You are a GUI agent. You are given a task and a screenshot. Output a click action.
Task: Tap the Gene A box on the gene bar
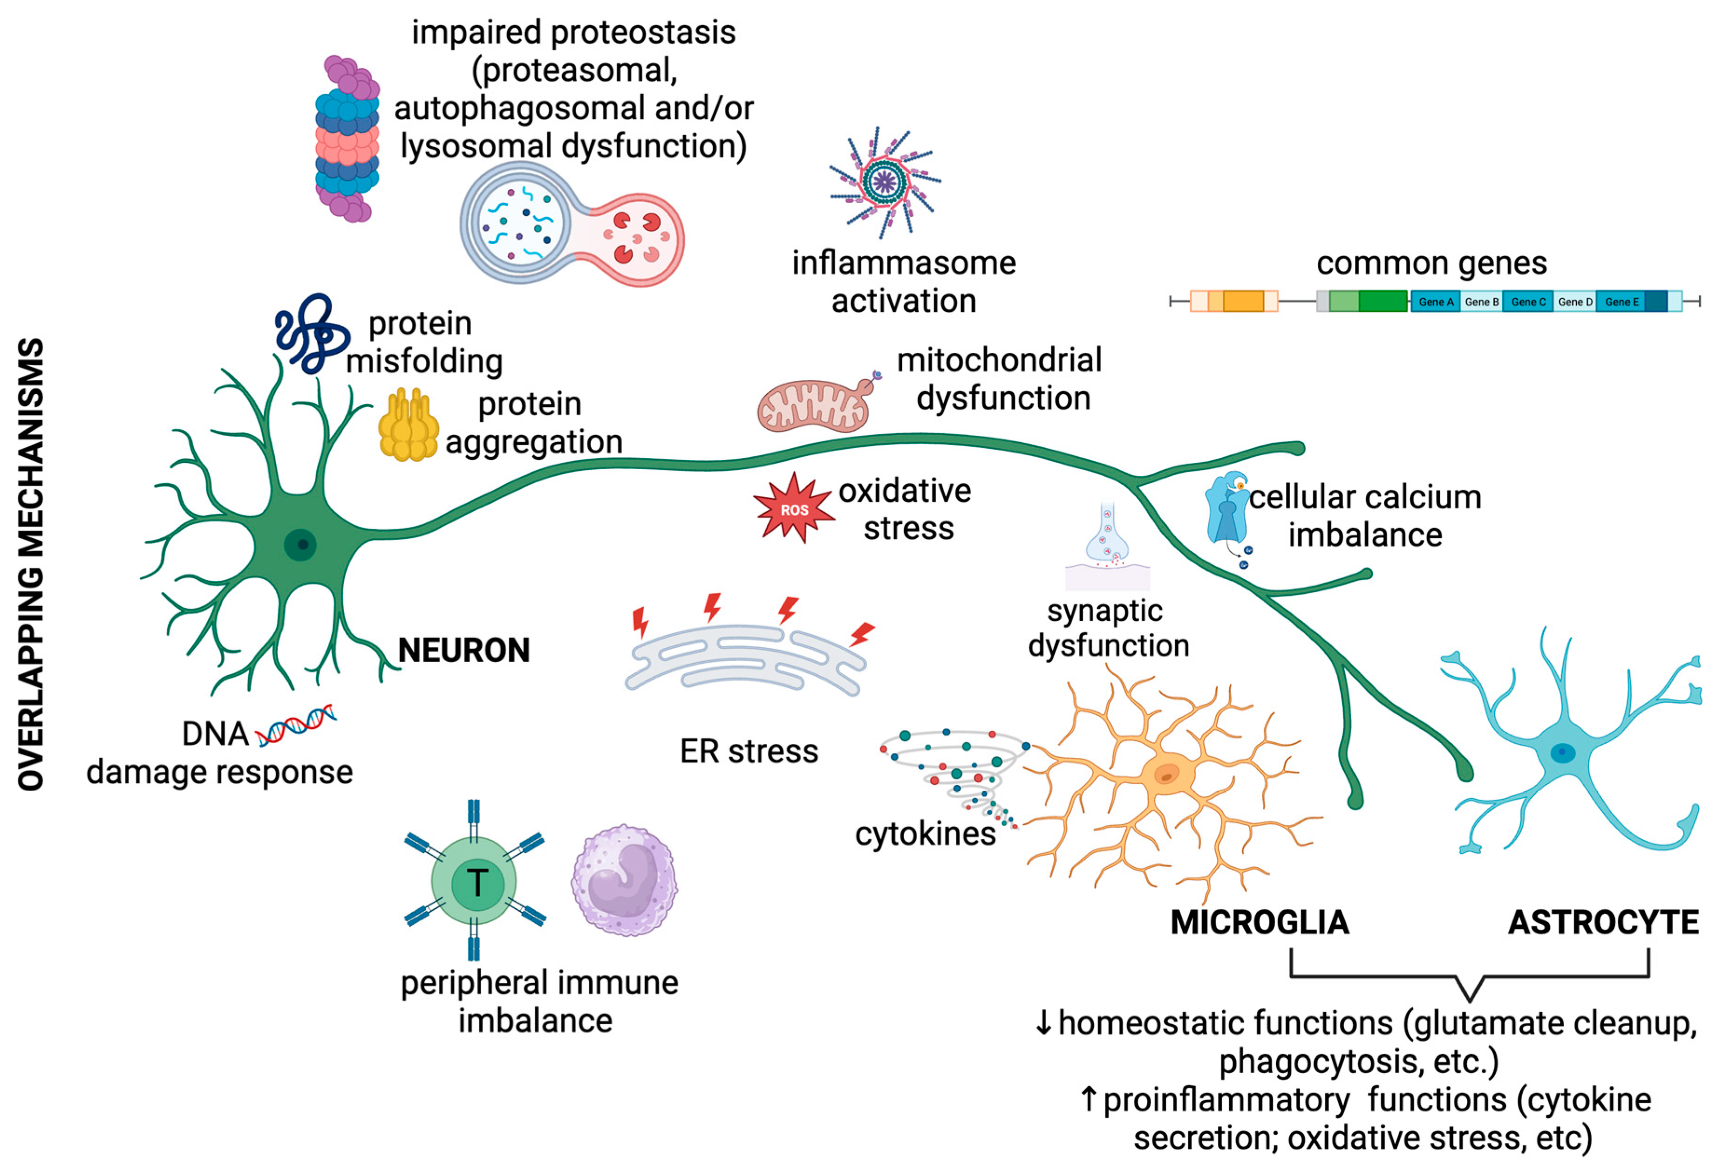[1435, 302]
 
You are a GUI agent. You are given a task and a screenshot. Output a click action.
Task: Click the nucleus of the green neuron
[300, 545]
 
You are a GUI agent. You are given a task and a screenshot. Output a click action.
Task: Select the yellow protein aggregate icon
[408, 426]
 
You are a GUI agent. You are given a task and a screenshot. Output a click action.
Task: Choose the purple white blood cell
[624, 880]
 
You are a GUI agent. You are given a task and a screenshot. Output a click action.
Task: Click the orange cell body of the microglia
[1168, 774]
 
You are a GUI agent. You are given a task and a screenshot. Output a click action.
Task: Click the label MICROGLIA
[1259, 922]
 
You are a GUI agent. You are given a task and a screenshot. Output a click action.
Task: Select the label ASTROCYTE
[1603, 922]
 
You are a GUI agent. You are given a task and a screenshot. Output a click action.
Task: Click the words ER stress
[749, 751]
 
